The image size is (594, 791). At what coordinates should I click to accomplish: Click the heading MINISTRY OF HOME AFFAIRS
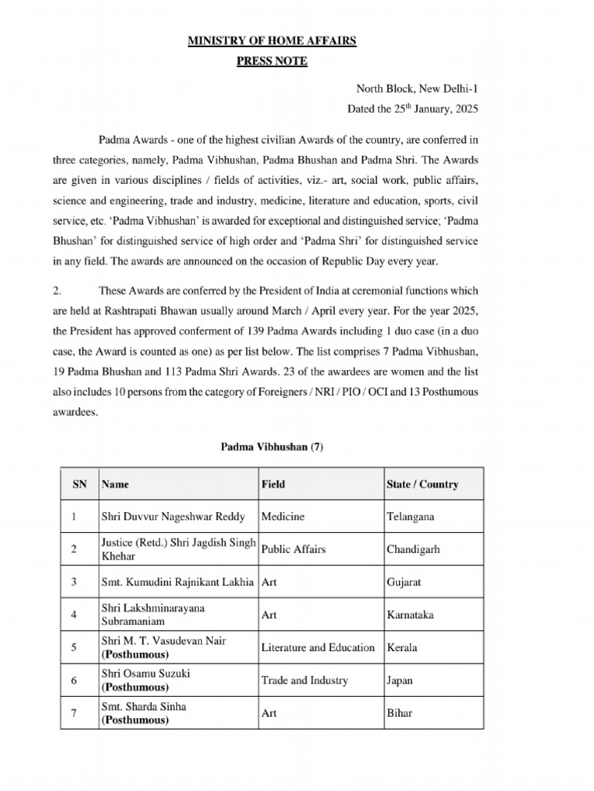(271, 41)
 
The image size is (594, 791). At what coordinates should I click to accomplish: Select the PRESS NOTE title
(271, 61)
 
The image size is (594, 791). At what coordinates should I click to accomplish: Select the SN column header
(80, 484)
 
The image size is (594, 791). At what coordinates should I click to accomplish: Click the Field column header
(273, 484)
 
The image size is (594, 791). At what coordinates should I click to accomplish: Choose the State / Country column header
(422, 484)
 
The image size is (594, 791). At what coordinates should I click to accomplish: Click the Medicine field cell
(283, 517)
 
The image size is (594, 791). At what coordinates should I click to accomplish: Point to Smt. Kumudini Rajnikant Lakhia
(178, 582)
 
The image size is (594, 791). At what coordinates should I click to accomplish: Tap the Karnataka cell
(410, 615)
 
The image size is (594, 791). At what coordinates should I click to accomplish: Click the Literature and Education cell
(318, 647)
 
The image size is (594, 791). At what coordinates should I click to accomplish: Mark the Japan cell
(399, 681)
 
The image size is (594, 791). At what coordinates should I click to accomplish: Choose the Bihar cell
(399, 713)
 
